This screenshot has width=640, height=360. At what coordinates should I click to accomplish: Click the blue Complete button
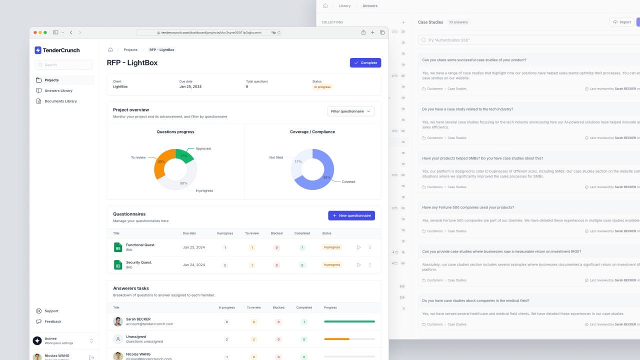(x=365, y=62)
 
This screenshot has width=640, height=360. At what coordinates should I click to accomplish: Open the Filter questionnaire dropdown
(x=350, y=111)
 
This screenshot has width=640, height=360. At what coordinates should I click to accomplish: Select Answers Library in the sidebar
(x=58, y=90)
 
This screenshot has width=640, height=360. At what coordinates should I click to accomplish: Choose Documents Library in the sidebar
(x=60, y=101)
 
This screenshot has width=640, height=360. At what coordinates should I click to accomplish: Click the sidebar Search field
(x=63, y=64)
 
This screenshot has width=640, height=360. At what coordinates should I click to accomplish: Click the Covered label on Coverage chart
(x=348, y=181)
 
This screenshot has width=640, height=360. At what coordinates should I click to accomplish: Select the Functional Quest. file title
(x=140, y=244)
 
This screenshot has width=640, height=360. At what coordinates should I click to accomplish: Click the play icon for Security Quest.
(x=358, y=265)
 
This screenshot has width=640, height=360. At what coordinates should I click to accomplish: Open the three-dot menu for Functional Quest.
(x=370, y=247)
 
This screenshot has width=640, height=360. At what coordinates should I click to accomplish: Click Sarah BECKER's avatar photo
(x=118, y=321)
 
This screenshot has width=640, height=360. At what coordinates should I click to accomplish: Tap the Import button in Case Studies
(x=622, y=22)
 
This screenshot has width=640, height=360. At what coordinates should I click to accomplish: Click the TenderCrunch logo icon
(x=38, y=50)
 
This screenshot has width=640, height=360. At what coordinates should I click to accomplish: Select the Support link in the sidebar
(x=51, y=311)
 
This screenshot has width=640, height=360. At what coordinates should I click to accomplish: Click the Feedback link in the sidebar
(x=52, y=321)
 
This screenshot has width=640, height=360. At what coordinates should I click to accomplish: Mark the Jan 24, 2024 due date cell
(x=194, y=265)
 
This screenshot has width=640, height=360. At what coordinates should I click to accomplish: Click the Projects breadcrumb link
(x=130, y=50)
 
